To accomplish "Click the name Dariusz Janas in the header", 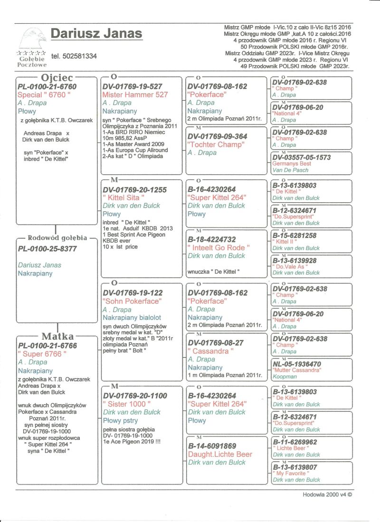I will [96, 34].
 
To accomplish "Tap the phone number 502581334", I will [74, 56].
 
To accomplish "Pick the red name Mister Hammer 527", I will [135, 95].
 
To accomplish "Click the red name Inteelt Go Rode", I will [218, 247].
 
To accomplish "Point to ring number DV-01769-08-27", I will [217, 342].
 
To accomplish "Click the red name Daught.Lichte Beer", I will [220, 454].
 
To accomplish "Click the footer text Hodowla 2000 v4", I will [327, 494].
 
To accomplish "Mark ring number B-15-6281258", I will [301, 235].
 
